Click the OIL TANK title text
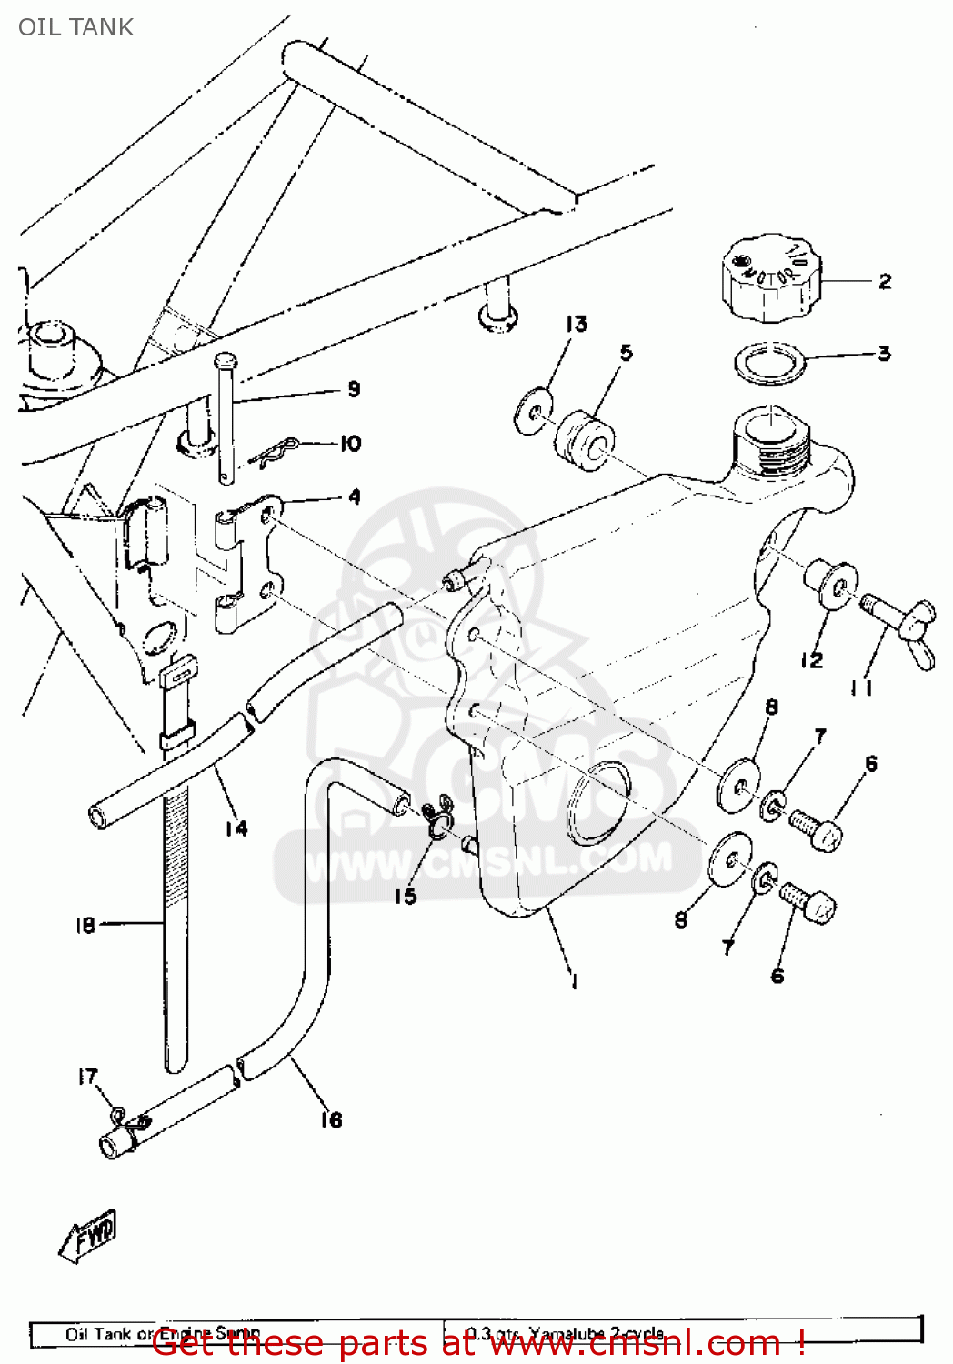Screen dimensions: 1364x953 tap(75, 27)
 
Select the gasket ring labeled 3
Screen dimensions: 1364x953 tap(770, 364)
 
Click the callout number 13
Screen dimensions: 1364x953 tap(577, 324)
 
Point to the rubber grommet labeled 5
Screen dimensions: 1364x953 tap(584, 441)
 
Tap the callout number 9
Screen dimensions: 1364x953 tap(354, 389)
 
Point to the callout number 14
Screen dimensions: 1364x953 tap(236, 827)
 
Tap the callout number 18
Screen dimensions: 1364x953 tap(85, 925)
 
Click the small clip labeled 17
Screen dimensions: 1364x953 tap(117, 1113)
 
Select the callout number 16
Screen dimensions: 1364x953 tap(331, 1119)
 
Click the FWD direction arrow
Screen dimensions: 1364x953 tap(89, 1237)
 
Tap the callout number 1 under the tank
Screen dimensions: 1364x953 tap(574, 981)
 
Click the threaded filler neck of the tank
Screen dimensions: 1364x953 tap(769, 446)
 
